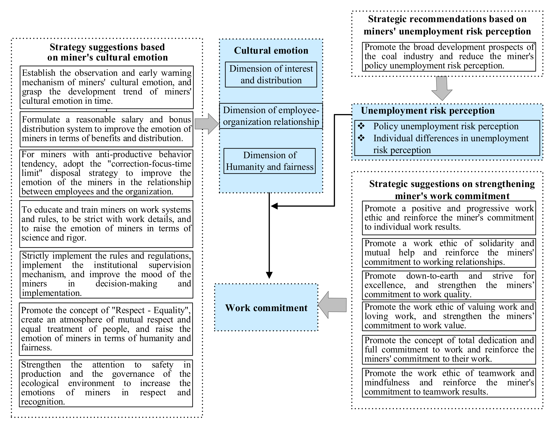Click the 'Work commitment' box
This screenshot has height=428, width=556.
click(x=266, y=308)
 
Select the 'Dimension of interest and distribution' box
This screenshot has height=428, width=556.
click(x=271, y=74)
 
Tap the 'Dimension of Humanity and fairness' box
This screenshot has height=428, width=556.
click(x=270, y=161)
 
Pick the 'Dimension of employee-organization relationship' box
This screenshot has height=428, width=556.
click(x=271, y=116)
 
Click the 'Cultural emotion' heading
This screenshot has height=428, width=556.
click(x=271, y=50)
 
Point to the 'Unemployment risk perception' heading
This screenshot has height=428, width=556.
click(x=428, y=111)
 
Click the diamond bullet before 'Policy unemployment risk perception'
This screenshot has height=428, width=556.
click(x=361, y=126)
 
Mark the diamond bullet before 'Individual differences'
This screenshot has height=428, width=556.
click(x=361, y=138)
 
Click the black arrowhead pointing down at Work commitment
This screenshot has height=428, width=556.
click(x=269, y=275)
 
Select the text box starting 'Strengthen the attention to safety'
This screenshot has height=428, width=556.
click(x=106, y=383)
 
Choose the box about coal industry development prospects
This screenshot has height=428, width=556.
click(x=449, y=57)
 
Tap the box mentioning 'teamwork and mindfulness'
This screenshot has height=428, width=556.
click(x=449, y=382)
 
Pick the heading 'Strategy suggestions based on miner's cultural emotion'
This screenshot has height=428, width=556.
click(x=107, y=52)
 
